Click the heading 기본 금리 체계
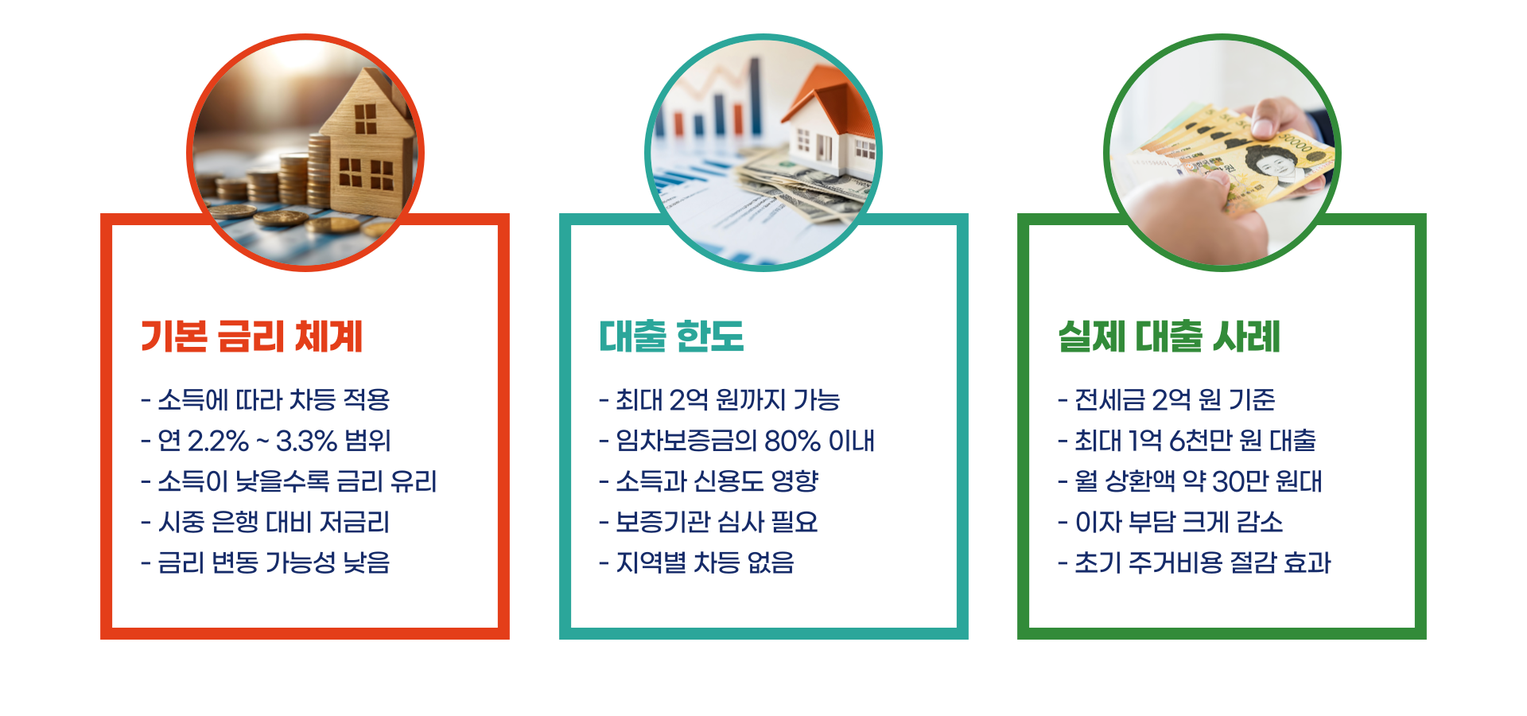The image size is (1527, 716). pos(251,337)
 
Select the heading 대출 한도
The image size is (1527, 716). pos(671,337)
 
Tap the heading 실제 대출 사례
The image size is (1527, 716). pos(1169,337)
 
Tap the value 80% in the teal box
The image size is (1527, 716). pos(792,441)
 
